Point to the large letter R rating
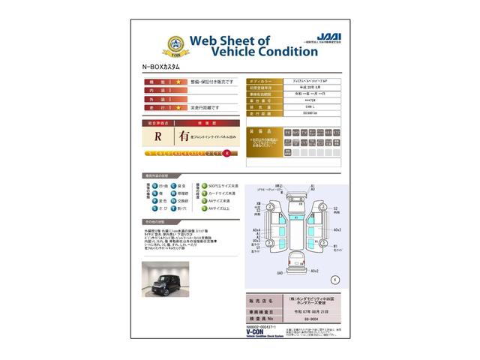pyautogui.click(x=157, y=137)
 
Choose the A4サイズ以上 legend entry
pyautogui.click(x=217, y=209)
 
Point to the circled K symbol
pyautogui.click(x=334, y=279)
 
